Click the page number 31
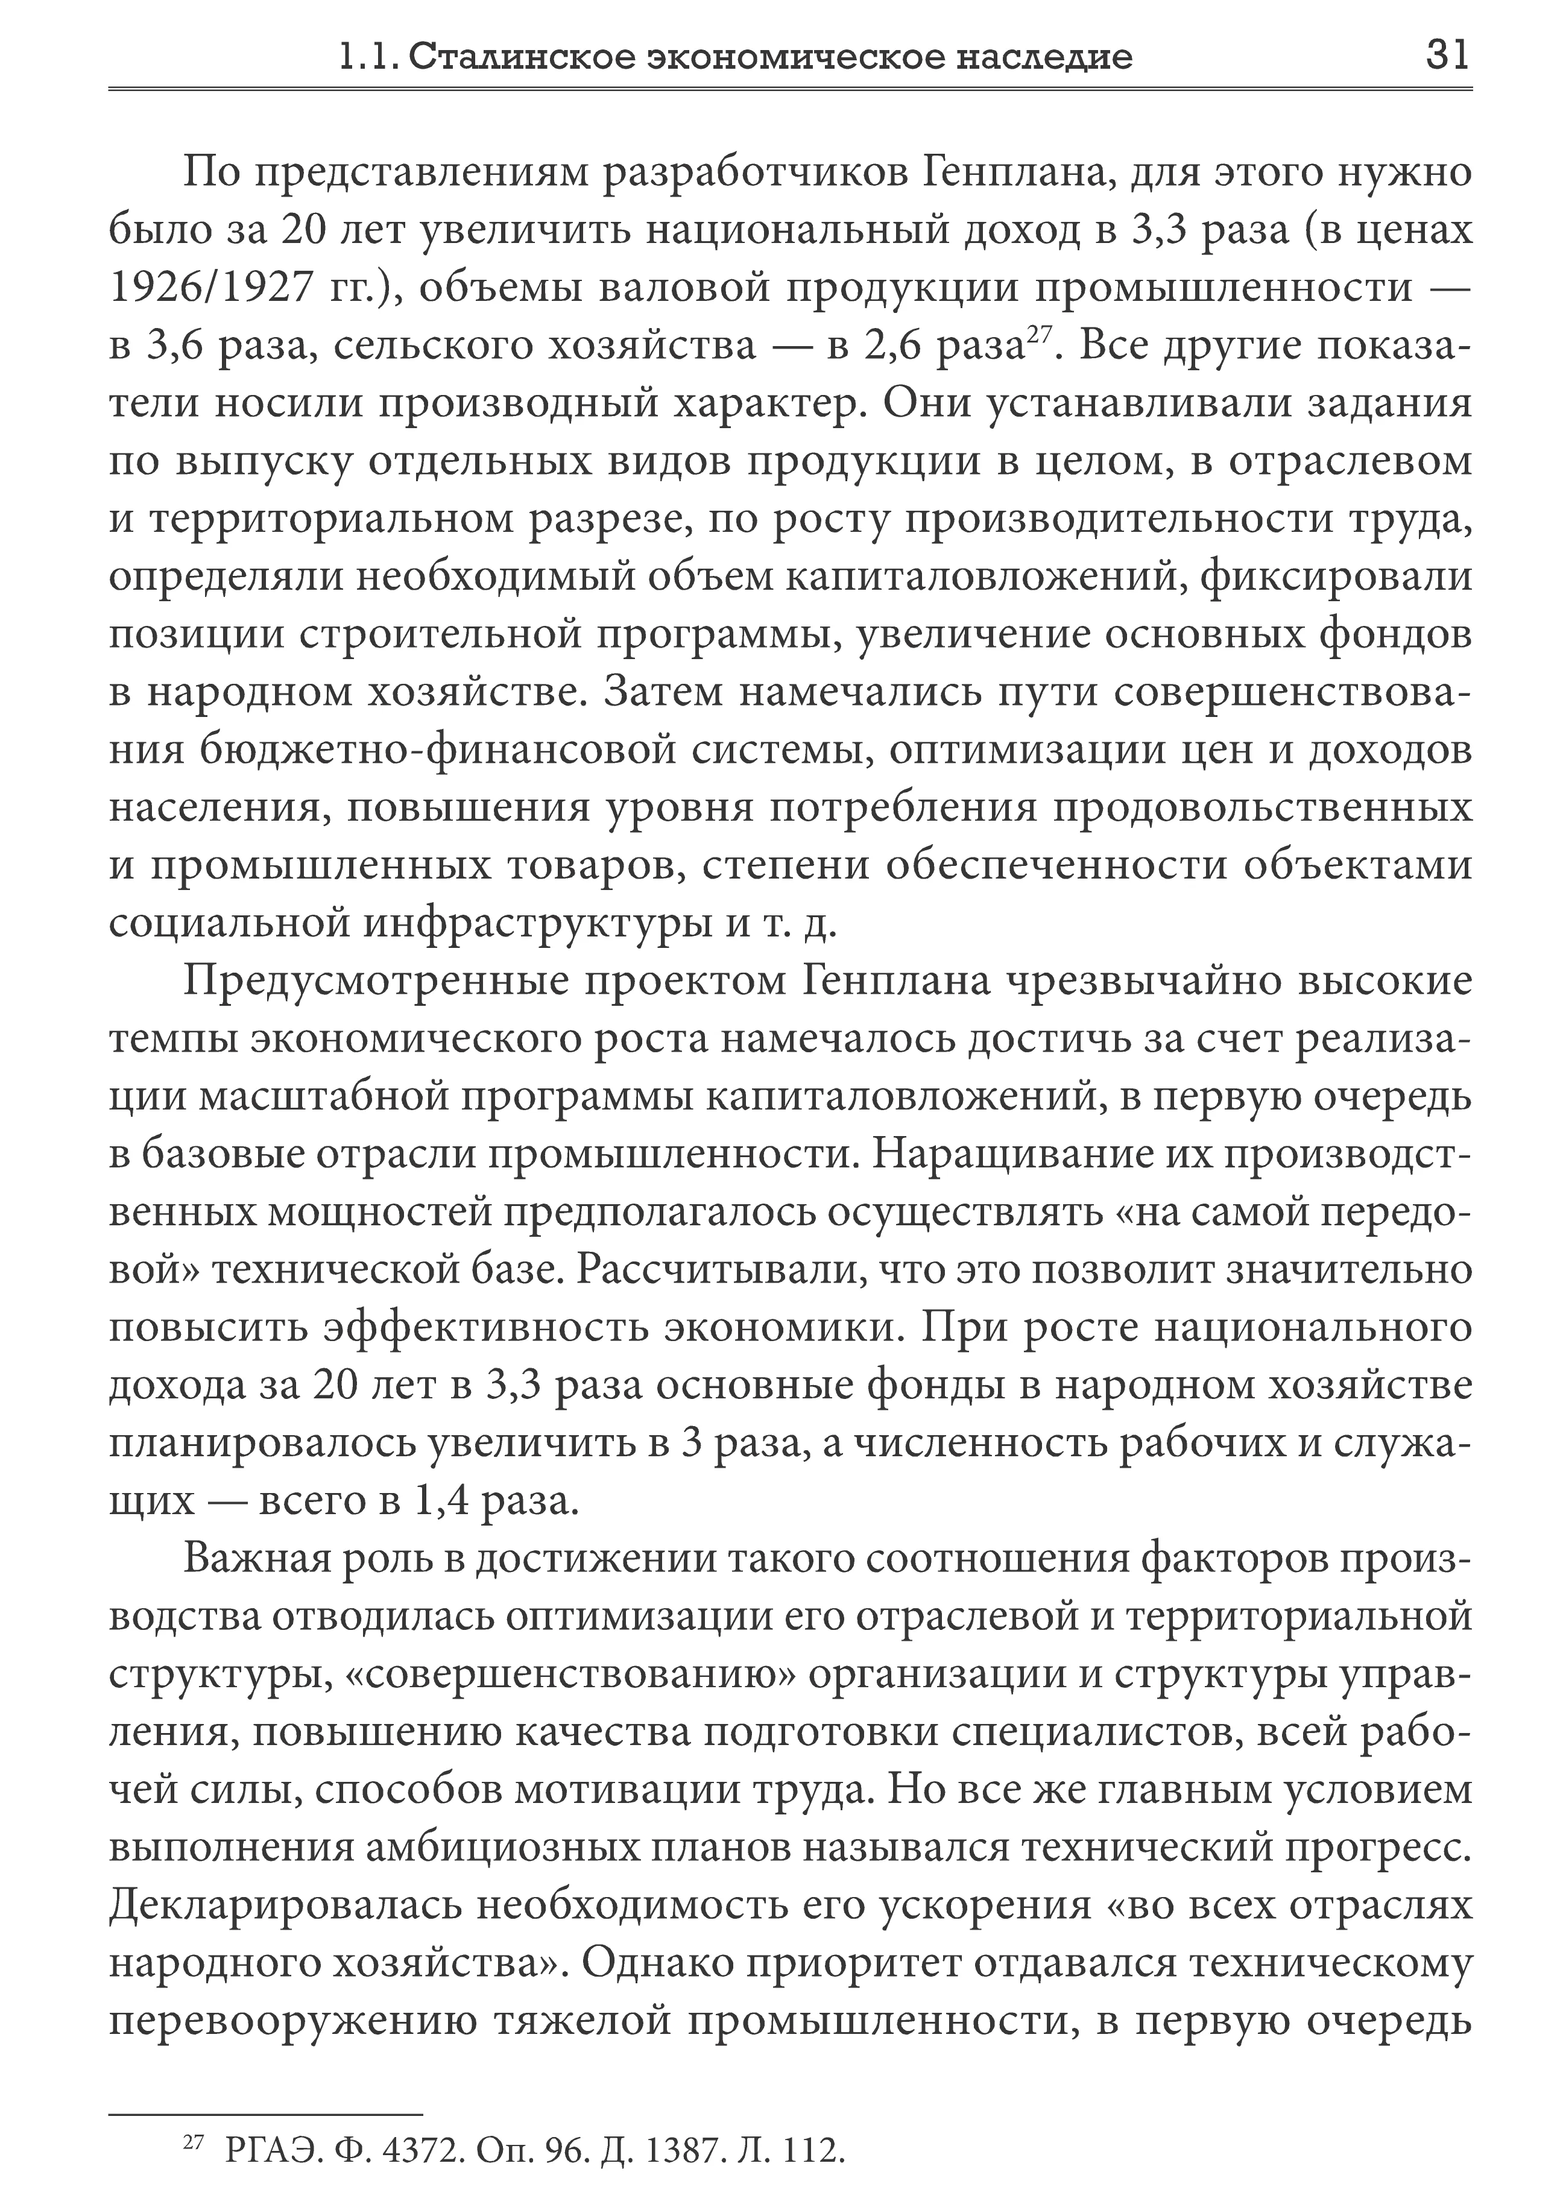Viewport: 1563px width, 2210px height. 1447,56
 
